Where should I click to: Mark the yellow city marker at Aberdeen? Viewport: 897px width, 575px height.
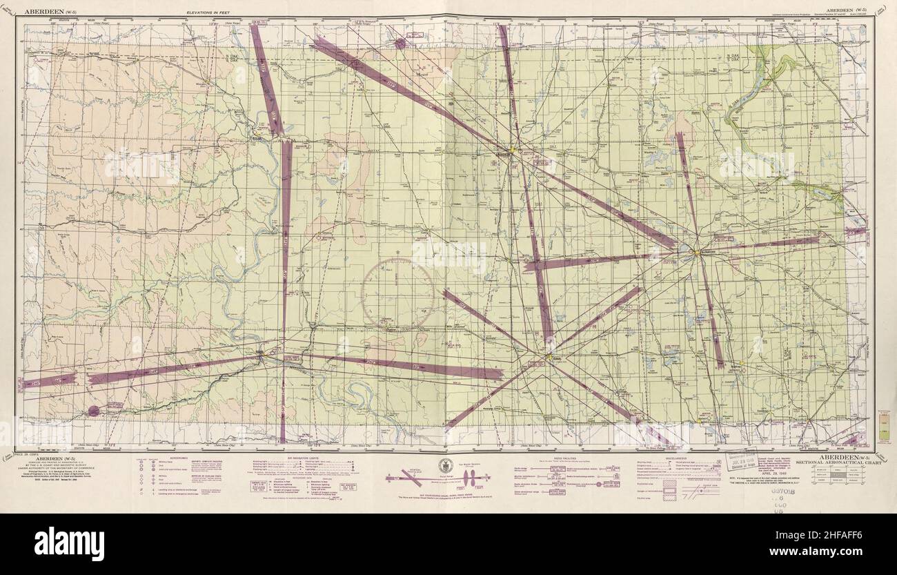point(515,150)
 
